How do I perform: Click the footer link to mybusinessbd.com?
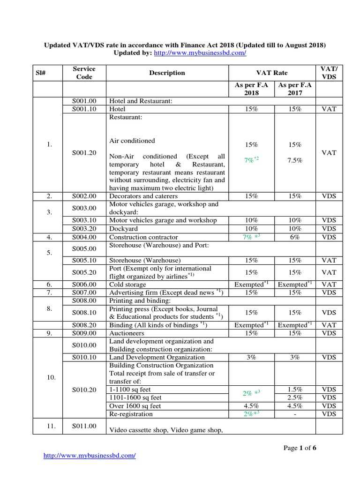click(90, 456)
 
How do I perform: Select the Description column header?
click(167, 73)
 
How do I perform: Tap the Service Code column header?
click(84, 73)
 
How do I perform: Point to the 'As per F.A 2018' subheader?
click(251, 89)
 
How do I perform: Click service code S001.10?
click(84, 109)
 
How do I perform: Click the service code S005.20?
click(84, 272)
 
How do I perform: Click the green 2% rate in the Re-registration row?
click(251, 414)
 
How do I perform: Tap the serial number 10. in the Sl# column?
click(52, 377)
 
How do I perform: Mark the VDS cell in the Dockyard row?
click(329, 229)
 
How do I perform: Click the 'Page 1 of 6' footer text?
click(300, 448)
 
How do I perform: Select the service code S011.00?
click(84, 426)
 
